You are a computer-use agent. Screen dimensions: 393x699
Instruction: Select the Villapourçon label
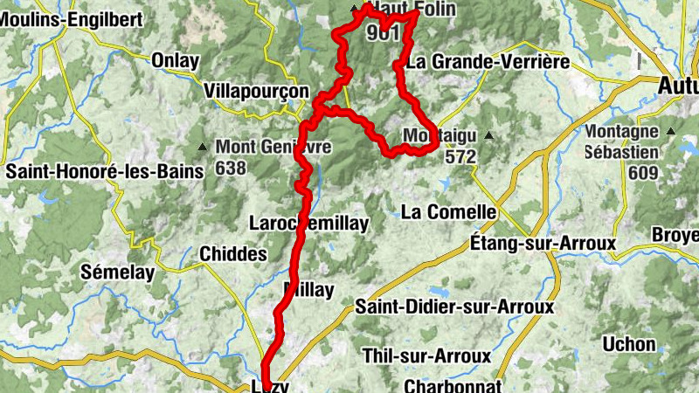[x=256, y=91]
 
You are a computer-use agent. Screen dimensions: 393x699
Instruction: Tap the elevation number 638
[x=231, y=169]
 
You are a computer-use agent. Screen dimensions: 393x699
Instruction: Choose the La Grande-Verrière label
[x=488, y=62]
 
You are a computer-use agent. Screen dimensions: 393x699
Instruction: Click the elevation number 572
[x=460, y=157]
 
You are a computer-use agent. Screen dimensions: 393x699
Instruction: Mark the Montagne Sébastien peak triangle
[x=671, y=131]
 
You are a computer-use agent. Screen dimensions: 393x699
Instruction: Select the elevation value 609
[x=642, y=173]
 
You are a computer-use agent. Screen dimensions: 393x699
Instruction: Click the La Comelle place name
[x=448, y=211]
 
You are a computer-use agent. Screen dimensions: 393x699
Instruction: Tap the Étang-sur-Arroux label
[x=543, y=242]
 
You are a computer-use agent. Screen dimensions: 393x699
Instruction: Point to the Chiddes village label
[x=233, y=253]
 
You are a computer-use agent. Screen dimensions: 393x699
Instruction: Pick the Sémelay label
[x=117, y=272]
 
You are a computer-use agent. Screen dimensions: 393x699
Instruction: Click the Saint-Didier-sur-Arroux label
[x=454, y=307]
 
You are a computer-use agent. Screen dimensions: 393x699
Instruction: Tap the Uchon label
[x=629, y=344]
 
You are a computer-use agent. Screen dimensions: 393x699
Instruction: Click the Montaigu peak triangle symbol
[x=488, y=135]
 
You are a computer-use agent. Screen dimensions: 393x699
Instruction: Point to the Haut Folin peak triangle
[x=355, y=10]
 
